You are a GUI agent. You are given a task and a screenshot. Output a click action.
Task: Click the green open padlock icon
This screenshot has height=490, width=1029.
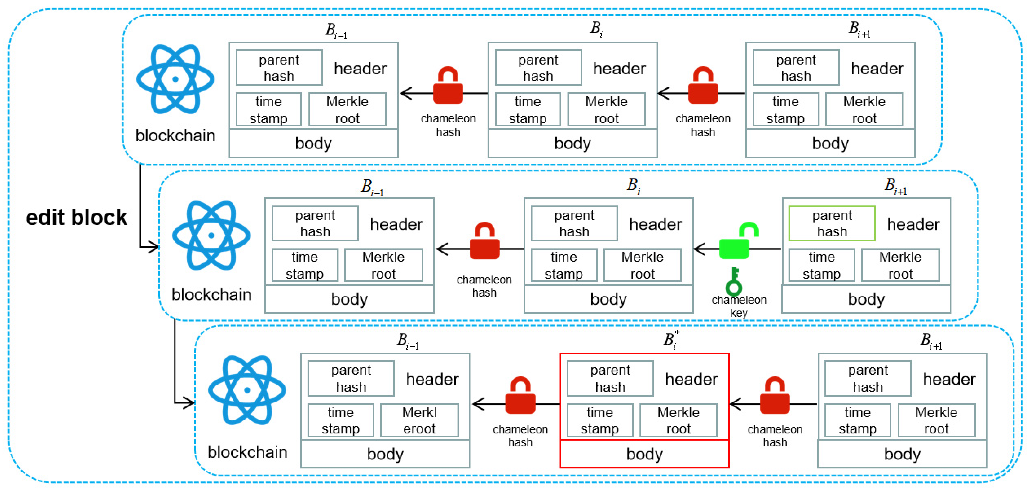(738, 242)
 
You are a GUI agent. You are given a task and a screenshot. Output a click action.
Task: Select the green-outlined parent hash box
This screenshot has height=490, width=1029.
(832, 224)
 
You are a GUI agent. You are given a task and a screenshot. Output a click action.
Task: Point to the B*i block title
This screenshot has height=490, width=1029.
(671, 340)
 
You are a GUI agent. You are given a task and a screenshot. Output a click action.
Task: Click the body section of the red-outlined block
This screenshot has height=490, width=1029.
(644, 454)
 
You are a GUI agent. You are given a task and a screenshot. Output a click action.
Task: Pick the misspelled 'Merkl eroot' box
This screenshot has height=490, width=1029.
(419, 420)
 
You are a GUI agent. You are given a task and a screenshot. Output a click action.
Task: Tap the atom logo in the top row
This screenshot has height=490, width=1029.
(175, 79)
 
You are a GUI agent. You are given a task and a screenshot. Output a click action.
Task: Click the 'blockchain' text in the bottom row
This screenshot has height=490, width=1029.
(247, 452)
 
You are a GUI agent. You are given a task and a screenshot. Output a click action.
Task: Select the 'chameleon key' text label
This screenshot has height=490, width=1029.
(738, 306)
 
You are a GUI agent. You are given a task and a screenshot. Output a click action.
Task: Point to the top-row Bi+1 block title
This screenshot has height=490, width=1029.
(859, 29)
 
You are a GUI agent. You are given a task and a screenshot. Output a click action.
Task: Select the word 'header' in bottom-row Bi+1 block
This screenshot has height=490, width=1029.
(949, 379)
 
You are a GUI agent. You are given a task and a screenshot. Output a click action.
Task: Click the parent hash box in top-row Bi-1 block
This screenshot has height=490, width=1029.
(279, 68)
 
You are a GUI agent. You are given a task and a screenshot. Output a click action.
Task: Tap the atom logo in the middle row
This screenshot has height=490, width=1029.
(211, 235)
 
